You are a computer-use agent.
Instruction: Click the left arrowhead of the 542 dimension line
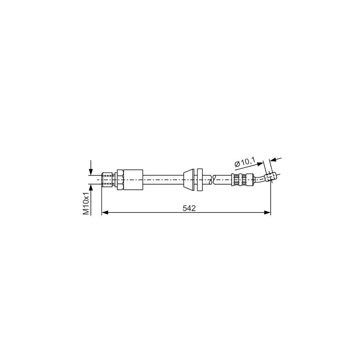[105, 213]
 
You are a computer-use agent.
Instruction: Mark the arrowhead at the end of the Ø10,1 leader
[262, 162]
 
